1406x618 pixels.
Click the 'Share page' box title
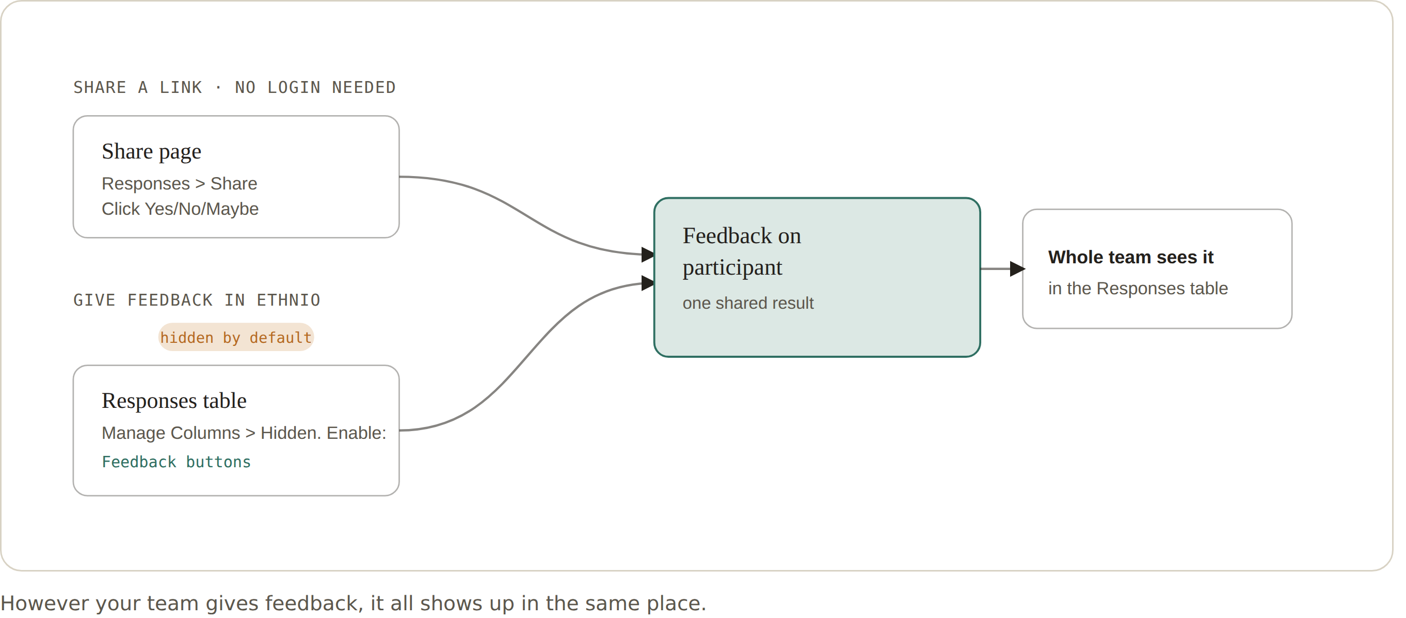tap(151, 152)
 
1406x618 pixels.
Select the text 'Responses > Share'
tap(179, 183)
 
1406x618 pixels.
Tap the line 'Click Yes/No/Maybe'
tap(180, 209)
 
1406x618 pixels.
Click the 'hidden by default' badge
tap(236, 337)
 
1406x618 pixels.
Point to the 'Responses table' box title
tap(174, 401)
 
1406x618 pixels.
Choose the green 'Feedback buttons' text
tap(175, 462)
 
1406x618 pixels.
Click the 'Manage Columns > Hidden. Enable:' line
tap(244, 433)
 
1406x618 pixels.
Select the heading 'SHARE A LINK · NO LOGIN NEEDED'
tap(234, 87)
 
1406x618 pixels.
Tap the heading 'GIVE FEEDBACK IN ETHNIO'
tap(197, 300)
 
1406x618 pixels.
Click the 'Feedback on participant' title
tap(742, 251)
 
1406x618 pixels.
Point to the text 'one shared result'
tap(748, 303)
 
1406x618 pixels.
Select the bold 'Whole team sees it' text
tap(1130, 257)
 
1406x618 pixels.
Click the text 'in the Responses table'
tap(1138, 288)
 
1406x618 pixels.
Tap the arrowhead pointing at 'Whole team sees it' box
tap(1018, 268)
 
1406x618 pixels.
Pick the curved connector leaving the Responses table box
tap(524, 361)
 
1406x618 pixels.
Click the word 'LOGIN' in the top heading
tap(294, 87)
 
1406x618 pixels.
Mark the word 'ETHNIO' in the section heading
tap(288, 300)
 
